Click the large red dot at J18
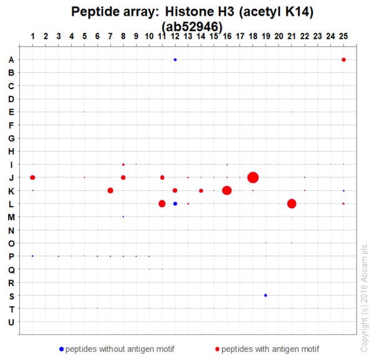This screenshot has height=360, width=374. click(x=253, y=178)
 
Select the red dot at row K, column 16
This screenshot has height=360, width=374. click(x=227, y=190)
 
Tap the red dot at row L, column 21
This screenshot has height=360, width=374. click(x=292, y=203)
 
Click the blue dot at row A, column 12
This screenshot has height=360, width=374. click(x=175, y=60)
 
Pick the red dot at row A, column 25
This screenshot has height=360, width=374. click(x=343, y=60)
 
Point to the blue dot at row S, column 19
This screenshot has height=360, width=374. click(x=266, y=295)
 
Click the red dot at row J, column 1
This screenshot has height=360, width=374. click(x=32, y=178)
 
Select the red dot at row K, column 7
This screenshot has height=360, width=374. click(x=110, y=190)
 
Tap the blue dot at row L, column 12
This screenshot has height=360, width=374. click(x=175, y=203)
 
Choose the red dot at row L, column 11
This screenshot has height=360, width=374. click(x=162, y=203)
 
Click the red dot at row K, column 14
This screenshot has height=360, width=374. click(x=201, y=190)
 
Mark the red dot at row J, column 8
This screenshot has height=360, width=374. click(x=123, y=178)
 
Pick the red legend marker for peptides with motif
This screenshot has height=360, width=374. click(x=217, y=348)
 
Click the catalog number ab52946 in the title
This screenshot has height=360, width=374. click(x=191, y=26)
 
